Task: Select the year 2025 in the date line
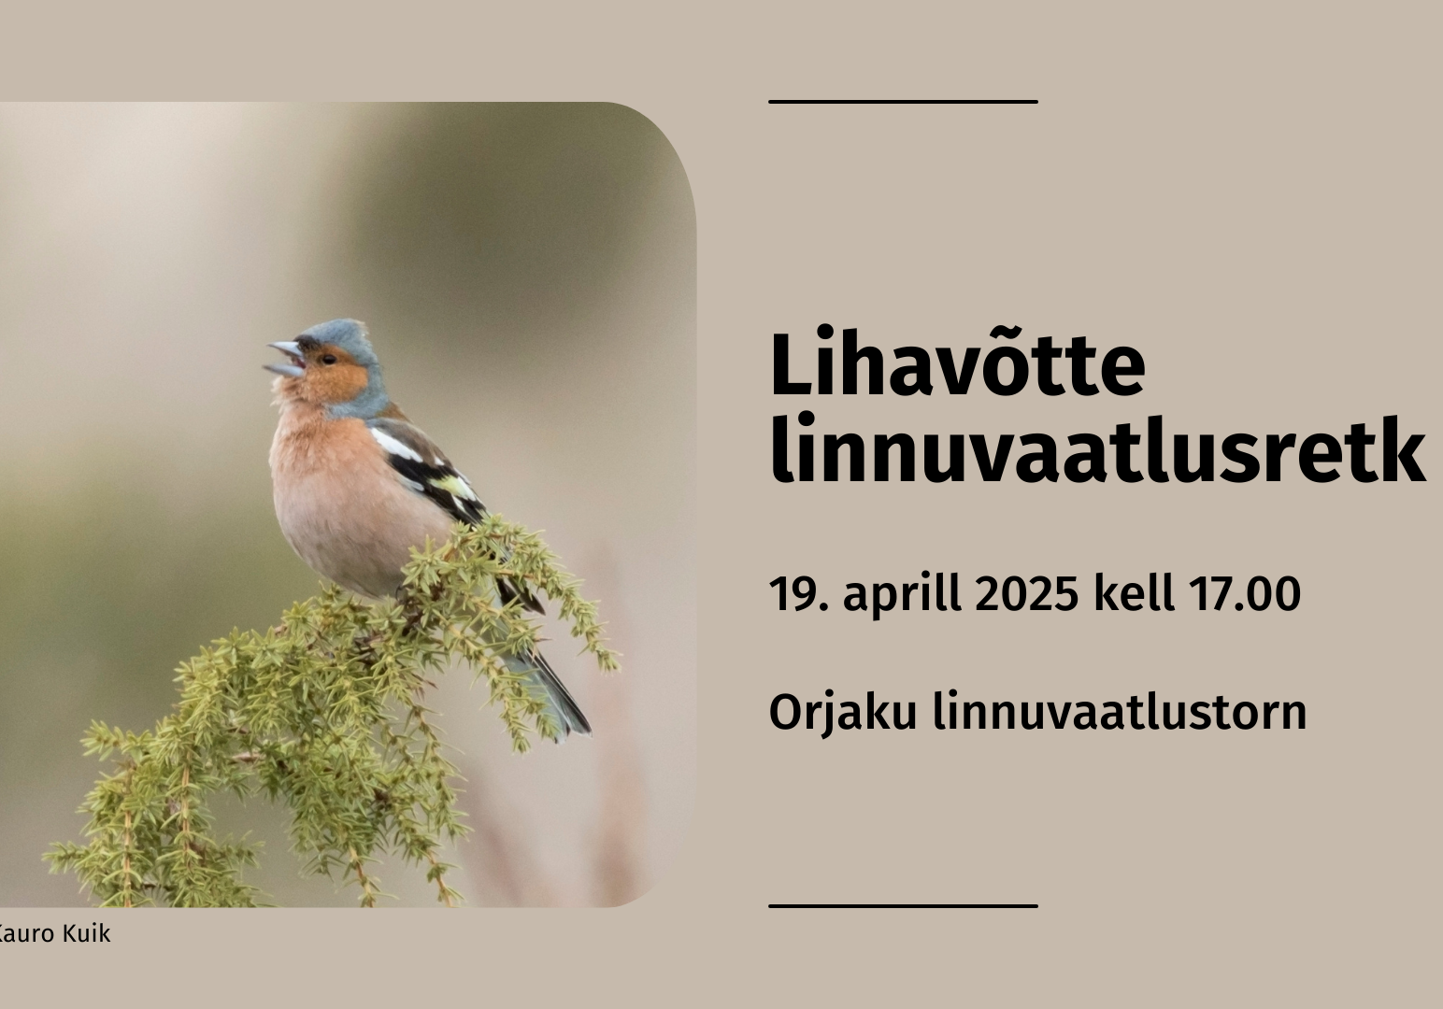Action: click(x=1026, y=593)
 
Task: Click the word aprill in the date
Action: click(x=902, y=596)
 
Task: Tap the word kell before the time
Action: click(x=1134, y=592)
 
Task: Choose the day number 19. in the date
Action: click(x=799, y=593)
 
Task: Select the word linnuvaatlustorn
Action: click(x=1120, y=711)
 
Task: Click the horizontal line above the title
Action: click(x=903, y=102)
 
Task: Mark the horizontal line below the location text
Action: click(x=903, y=906)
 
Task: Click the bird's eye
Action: click(x=329, y=360)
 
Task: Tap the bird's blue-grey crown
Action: click(x=340, y=334)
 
